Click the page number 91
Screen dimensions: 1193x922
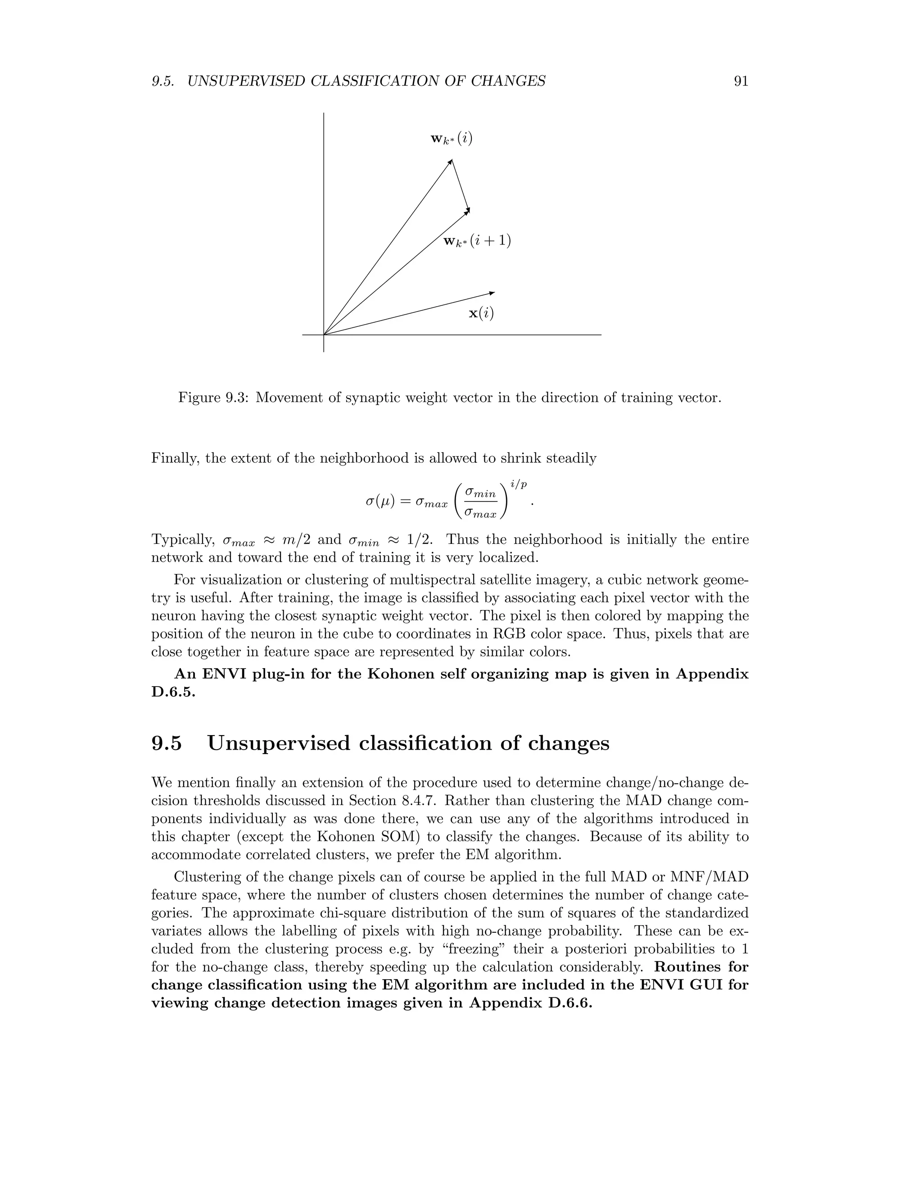pyautogui.click(x=741, y=81)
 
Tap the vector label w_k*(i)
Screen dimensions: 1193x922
pyautogui.click(x=451, y=139)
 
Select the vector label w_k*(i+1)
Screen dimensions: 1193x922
pyautogui.click(x=477, y=241)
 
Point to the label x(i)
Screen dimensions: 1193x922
pyautogui.click(x=481, y=313)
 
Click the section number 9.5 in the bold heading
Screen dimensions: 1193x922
pyautogui.click(x=167, y=743)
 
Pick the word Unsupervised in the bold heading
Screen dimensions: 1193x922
pyautogui.click(x=279, y=743)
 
